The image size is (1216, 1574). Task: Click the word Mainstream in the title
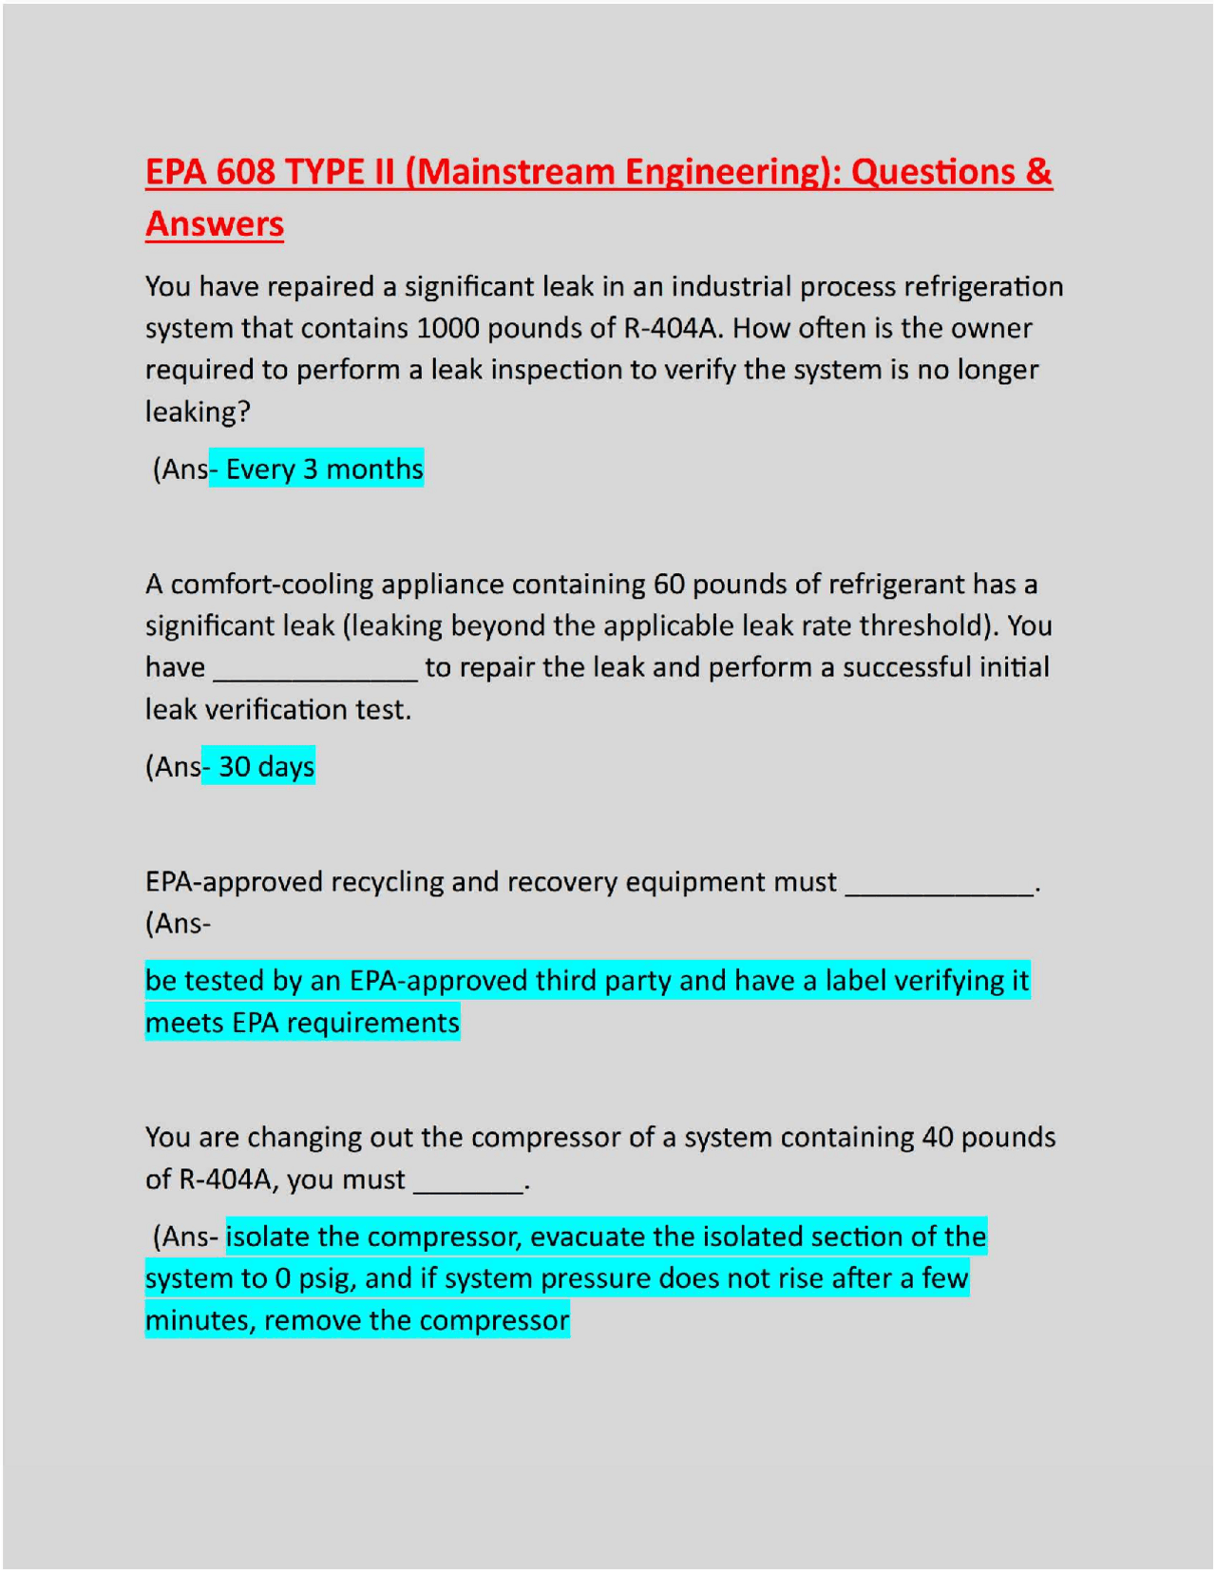click(514, 172)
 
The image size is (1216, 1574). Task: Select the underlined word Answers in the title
click(215, 224)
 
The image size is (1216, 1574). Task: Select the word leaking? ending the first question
click(198, 412)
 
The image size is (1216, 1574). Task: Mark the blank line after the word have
click(315, 668)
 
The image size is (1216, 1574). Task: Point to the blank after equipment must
click(940, 884)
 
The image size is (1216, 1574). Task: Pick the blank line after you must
click(469, 1181)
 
